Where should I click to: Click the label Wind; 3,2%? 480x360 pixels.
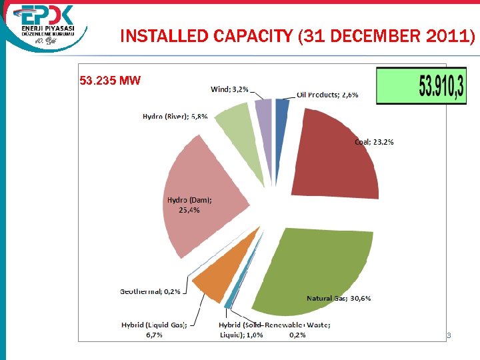click(230, 89)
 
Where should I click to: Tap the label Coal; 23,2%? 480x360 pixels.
click(374, 141)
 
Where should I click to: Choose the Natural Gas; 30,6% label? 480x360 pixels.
click(339, 298)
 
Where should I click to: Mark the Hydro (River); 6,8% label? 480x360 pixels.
click(175, 116)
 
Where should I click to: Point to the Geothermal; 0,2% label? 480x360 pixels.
click(150, 291)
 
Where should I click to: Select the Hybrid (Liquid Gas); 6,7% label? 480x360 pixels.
click(153, 329)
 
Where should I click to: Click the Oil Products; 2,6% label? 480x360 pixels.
click(327, 95)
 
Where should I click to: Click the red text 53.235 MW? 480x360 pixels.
click(110, 81)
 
